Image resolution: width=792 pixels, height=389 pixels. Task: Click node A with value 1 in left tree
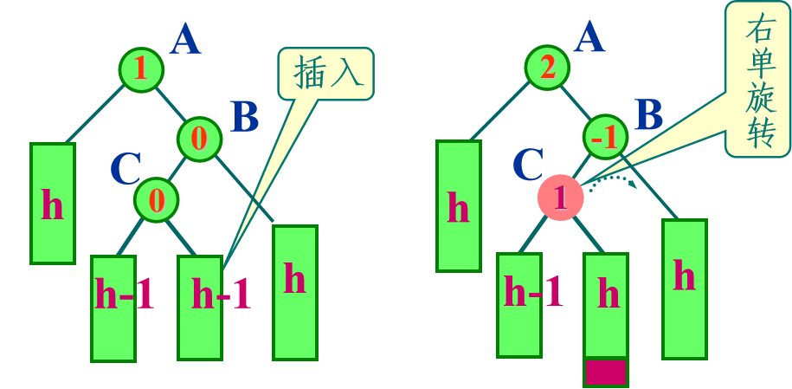(x=143, y=72)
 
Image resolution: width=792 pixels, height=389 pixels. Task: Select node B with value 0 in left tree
(x=200, y=138)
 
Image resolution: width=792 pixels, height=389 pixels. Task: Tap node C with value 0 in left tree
(x=157, y=199)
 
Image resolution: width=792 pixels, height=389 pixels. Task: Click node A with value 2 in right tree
(x=547, y=69)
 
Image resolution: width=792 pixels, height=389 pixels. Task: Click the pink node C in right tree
(x=560, y=197)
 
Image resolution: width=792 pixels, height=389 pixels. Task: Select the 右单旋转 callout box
(x=757, y=78)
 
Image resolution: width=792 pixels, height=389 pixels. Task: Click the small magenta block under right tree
(x=606, y=372)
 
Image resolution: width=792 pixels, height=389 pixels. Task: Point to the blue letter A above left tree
(x=185, y=40)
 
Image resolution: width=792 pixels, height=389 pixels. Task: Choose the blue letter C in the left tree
(x=126, y=169)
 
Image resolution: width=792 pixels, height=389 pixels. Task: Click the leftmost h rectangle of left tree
(x=53, y=203)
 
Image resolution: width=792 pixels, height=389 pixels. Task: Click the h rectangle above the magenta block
(x=606, y=304)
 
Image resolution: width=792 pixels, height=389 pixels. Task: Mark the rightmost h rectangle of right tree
(x=685, y=288)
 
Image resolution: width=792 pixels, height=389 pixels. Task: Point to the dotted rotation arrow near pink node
(x=616, y=180)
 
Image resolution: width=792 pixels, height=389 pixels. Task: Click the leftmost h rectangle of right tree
(x=458, y=205)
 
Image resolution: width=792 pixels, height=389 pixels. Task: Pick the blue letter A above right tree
(x=589, y=38)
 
